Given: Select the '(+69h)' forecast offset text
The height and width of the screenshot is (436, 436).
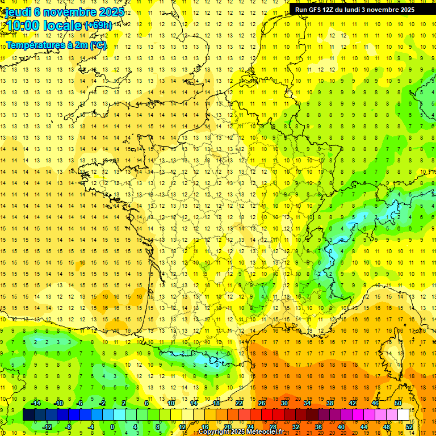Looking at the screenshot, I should click(x=98, y=26).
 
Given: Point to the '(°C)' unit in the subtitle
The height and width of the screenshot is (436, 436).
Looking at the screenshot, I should click(x=98, y=45).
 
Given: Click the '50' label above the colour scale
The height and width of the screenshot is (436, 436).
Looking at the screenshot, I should click(x=398, y=403).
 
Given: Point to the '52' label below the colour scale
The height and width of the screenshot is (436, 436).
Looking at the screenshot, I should click(x=409, y=427).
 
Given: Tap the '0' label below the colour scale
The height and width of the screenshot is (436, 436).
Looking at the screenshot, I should click(x=112, y=427).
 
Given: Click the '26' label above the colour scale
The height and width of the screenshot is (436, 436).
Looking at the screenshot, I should click(x=262, y=403).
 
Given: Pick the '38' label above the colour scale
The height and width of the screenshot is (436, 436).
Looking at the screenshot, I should click(x=330, y=403).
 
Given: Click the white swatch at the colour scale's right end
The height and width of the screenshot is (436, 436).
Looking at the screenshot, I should click(x=404, y=415).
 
